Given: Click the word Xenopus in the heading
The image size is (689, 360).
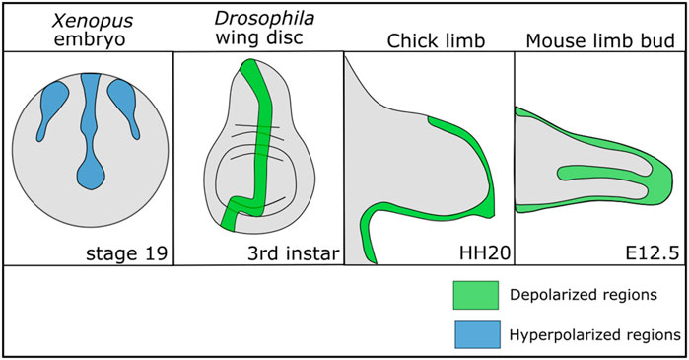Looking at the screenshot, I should [86, 17].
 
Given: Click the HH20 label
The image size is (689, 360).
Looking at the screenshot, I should [485, 254].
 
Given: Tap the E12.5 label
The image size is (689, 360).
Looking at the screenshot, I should [655, 254].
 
